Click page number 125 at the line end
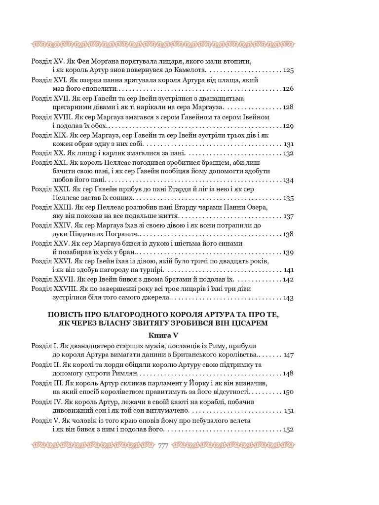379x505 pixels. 288,71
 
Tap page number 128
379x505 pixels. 288,107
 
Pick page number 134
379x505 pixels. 288,180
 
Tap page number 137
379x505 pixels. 288,216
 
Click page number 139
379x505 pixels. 288,252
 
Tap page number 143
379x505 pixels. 288,298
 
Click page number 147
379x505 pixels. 289,355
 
